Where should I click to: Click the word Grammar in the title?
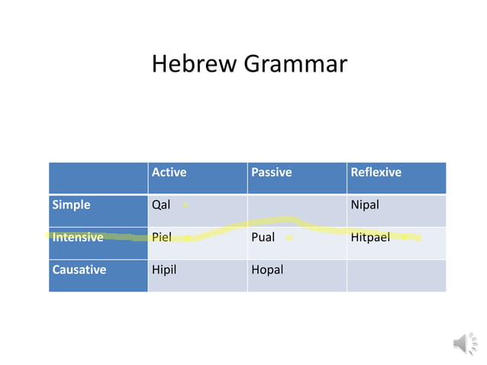(295, 64)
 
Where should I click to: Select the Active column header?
(169, 173)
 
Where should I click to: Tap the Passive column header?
(272, 173)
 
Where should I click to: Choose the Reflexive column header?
(376, 173)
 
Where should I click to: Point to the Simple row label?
(71, 205)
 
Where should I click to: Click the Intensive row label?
(78, 237)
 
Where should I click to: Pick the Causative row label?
(79, 270)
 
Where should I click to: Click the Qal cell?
(161, 205)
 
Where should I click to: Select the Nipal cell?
(365, 205)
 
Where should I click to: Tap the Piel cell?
(161, 237)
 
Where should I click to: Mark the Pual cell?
(263, 237)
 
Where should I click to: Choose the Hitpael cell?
(370, 237)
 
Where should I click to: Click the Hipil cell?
(164, 270)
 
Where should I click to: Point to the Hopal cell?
(267, 270)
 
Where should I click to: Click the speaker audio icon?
(464, 344)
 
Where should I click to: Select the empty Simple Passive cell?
(297, 205)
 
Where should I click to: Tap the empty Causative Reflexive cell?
(396, 275)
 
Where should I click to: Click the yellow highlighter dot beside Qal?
(185, 205)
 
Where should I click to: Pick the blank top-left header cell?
(98, 177)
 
